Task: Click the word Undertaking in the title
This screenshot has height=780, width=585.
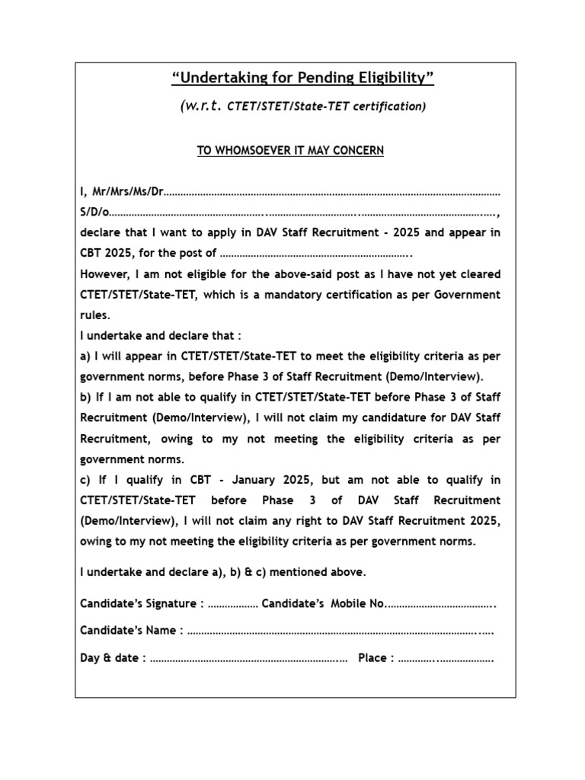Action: pos(214,78)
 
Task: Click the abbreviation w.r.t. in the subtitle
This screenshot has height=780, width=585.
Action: pos(202,106)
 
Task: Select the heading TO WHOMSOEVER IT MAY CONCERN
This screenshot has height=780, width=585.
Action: pos(290,151)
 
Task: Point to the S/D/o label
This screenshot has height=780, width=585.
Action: pos(94,213)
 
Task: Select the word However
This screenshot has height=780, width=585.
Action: pos(106,274)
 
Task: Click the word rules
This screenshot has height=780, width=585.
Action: pos(95,315)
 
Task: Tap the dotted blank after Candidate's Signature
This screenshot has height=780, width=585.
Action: pos(232,604)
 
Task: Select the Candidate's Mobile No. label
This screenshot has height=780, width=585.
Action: pos(324,604)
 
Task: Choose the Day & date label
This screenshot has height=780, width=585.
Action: pos(113,658)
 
